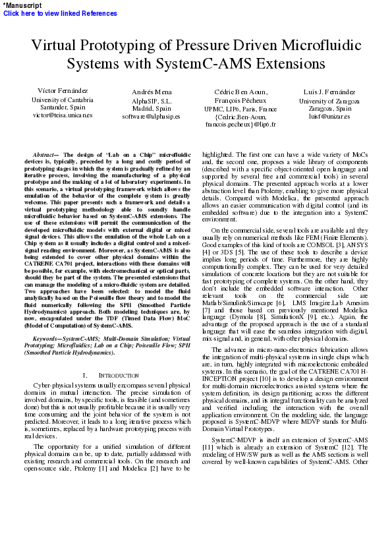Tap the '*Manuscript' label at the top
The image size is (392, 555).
pyautogui.click(x=22, y=5)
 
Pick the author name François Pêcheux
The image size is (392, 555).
pyautogui.click(x=240, y=100)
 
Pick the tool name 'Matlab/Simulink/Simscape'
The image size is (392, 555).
pyautogui.click(x=227, y=302)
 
